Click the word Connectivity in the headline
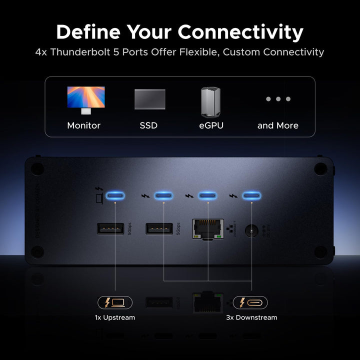click(x=240, y=32)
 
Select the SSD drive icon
click(x=149, y=99)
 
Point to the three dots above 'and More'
click(x=278, y=99)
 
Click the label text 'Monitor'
click(x=84, y=125)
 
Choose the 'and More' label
click(x=278, y=125)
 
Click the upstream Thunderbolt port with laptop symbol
click(x=115, y=195)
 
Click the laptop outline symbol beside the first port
click(x=99, y=199)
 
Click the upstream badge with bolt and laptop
click(x=115, y=302)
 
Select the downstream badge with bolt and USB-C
click(x=250, y=302)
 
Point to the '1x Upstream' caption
click(x=115, y=317)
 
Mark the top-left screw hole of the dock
click(x=37, y=168)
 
